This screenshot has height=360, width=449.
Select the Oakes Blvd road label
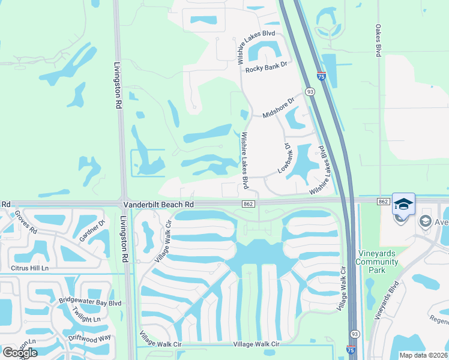pyautogui.click(x=378, y=41)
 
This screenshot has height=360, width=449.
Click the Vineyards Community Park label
pyautogui.click(x=377, y=261)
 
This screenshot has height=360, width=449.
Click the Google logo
pyautogui.click(x=20, y=352)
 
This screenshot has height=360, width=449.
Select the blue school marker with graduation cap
pyautogui.click(x=403, y=203)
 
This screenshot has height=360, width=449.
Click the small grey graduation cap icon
pyautogui.click(x=426, y=221)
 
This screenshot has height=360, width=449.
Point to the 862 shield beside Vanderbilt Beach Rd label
pyautogui.click(x=247, y=205)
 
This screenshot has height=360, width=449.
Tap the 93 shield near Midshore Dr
pyautogui.click(x=310, y=92)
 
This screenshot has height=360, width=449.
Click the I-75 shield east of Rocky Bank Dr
pyautogui.click(x=322, y=76)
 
